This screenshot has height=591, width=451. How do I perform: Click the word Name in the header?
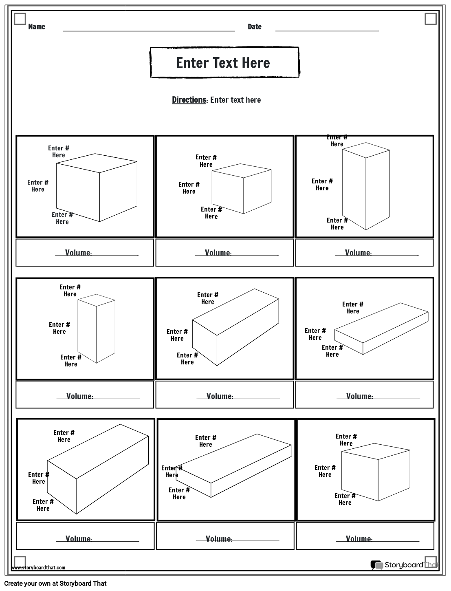[x=37, y=27]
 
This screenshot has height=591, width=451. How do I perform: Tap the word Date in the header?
[x=254, y=27]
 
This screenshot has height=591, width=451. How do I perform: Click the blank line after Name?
[x=149, y=30]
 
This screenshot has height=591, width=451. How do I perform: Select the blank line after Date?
[x=327, y=30]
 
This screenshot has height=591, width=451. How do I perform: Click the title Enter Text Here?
[x=223, y=63]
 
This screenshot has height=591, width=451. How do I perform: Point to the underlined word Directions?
[x=189, y=100]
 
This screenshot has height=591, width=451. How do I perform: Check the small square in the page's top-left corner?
[x=20, y=19]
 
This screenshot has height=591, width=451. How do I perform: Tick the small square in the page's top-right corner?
[x=431, y=19]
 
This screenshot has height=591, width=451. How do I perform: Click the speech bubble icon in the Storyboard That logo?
[x=376, y=565]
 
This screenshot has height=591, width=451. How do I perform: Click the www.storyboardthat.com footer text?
[x=38, y=567]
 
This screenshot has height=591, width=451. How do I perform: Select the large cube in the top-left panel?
[x=97, y=188]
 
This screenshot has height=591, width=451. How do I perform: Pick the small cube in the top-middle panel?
[x=241, y=189]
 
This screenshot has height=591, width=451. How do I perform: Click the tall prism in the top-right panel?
[x=366, y=186]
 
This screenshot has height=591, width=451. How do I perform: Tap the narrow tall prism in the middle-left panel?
[x=97, y=329]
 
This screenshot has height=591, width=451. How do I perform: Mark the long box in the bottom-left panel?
[x=98, y=469]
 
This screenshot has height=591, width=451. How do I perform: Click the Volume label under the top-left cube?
[x=78, y=253]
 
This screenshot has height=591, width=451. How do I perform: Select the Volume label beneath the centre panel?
[x=220, y=396]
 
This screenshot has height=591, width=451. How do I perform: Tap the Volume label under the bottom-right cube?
[x=359, y=539]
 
